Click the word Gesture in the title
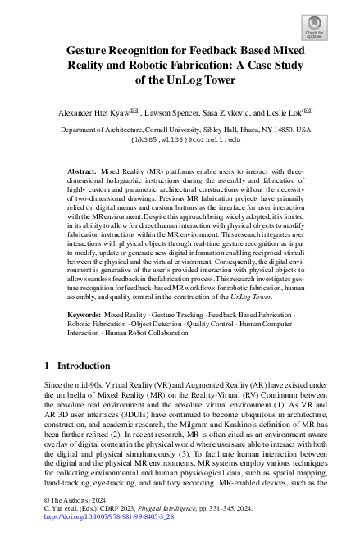coord(89,50)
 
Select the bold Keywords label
coord(84,314)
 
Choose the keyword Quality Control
coord(212,324)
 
